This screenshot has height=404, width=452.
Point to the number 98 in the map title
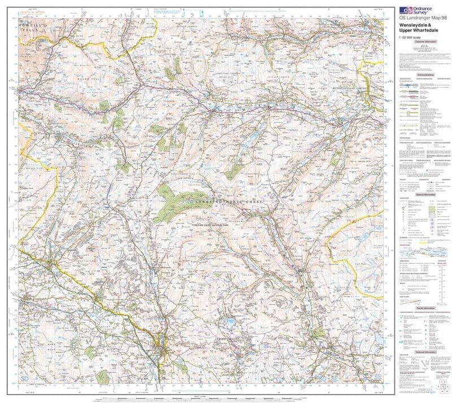click(x=445, y=22)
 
